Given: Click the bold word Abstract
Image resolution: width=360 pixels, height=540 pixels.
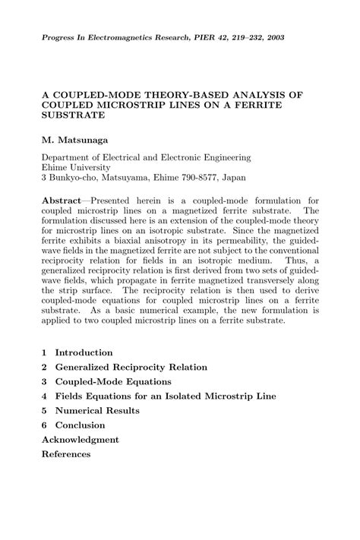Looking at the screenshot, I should [65, 200].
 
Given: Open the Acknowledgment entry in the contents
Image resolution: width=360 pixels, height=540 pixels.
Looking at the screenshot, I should [81, 440].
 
